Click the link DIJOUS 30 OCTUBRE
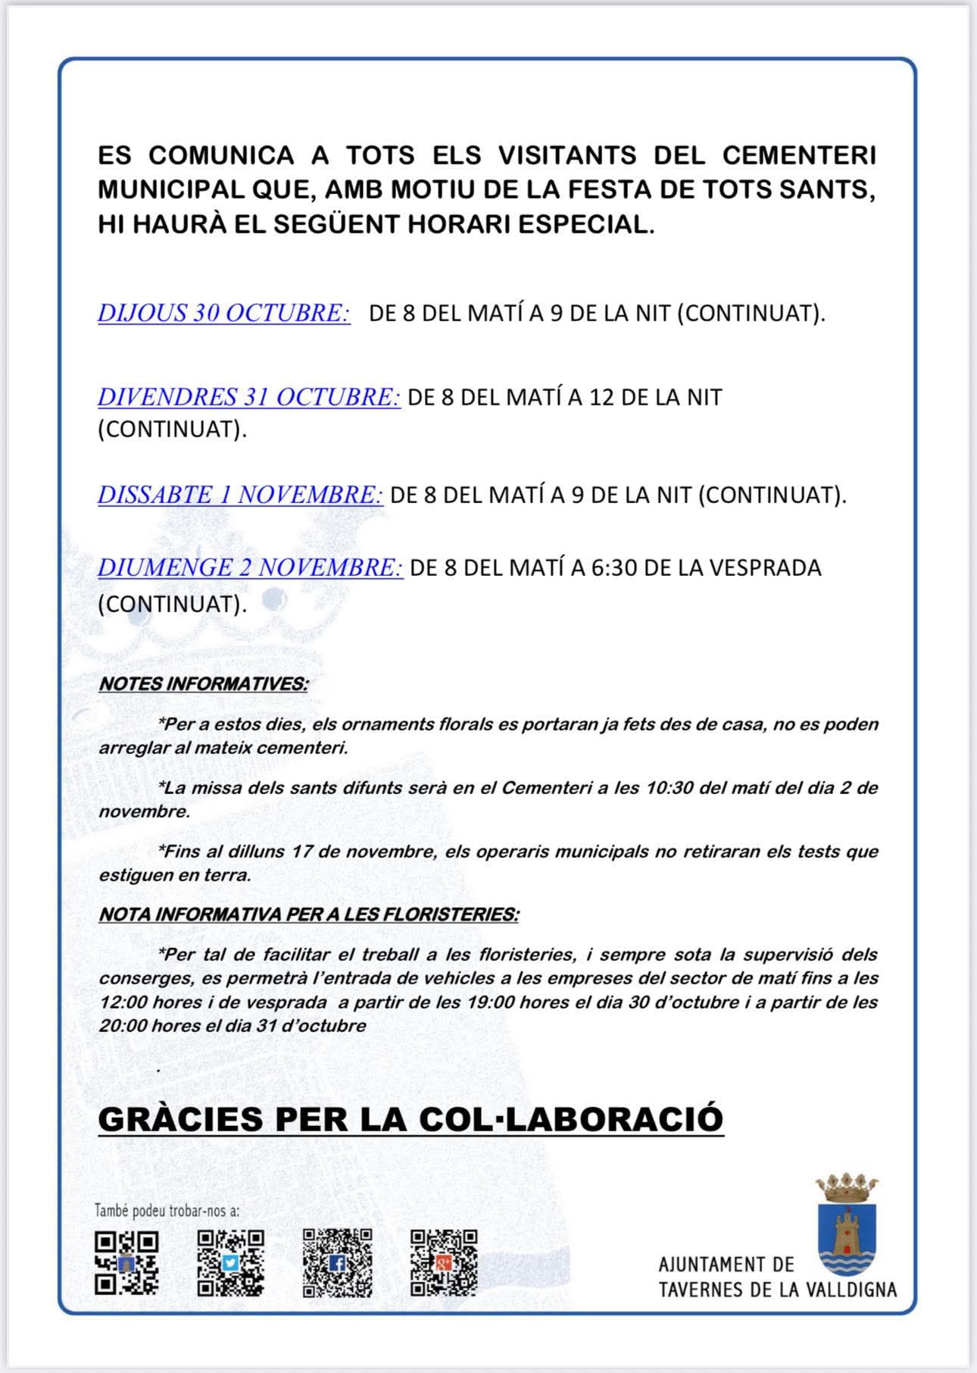223,313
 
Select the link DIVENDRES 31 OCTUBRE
248,397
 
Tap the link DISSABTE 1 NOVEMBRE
240,495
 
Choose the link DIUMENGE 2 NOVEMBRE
250,568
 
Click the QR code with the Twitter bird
231,1262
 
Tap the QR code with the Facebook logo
338,1262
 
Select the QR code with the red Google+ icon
444,1262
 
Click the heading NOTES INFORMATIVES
203,683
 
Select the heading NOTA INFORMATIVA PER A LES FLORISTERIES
308,915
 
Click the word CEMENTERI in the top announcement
799,155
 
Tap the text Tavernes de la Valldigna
778,1289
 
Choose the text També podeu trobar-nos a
167,1211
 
